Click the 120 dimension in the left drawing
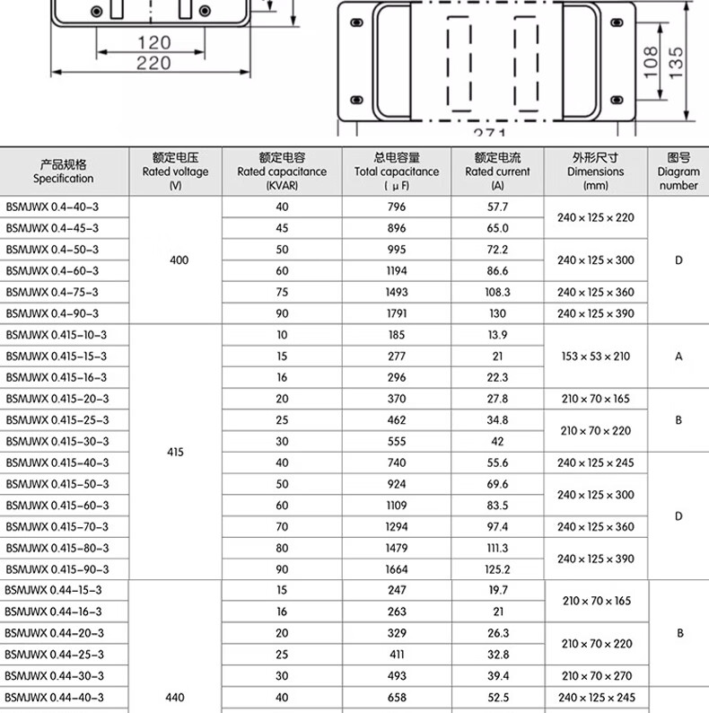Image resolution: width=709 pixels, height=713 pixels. pyautogui.click(x=154, y=42)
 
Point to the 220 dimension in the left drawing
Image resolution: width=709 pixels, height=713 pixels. pyautogui.click(x=154, y=62)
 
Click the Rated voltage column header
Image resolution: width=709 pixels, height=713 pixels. pyautogui.click(x=175, y=172)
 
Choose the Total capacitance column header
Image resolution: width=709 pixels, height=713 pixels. pyautogui.click(x=397, y=172)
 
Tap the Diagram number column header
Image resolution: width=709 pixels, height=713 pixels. pyautogui.click(x=678, y=172)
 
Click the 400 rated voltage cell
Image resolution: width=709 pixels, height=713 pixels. pyautogui.click(x=179, y=260)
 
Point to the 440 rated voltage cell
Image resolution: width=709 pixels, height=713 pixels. pyautogui.click(x=175, y=697)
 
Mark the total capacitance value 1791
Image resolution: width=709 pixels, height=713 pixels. pyautogui.click(x=397, y=313)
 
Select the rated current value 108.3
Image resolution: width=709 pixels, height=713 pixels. pyautogui.click(x=497, y=292)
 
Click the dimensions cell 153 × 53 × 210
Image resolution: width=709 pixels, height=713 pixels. pyautogui.click(x=596, y=356)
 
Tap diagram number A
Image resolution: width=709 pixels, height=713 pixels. pyautogui.click(x=678, y=356)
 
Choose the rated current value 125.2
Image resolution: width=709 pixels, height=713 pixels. pyautogui.click(x=497, y=569)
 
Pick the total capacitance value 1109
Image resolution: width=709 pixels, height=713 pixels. pyautogui.click(x=397, y=506)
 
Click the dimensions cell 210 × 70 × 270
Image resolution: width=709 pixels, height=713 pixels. pyautogui.click(x=596, y=676)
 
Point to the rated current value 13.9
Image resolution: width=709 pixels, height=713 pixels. pyautogui.click(x=497, y=335)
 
